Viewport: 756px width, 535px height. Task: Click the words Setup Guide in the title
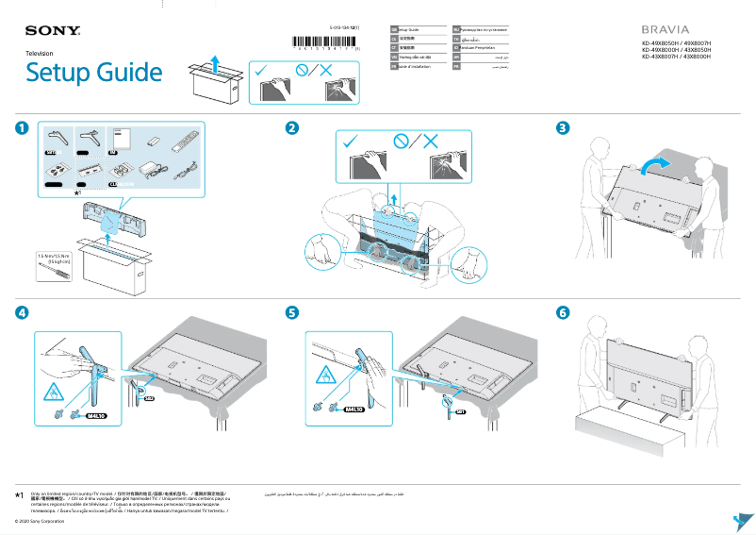click(x=93, y=73)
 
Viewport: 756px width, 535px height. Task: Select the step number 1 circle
click(x=21, y=128)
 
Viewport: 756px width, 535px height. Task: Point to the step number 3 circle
click(x=563, y=128)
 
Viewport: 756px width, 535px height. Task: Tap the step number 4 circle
click(x=21, y=312)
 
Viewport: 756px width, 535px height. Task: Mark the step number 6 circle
click(x=563, y=312)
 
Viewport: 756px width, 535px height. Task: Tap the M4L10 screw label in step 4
click(x=97, y=414)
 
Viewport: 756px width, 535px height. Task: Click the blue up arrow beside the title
click(x=216, y=63)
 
